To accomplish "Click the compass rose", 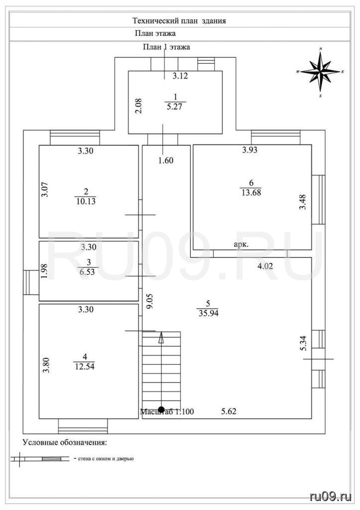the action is point(320,72).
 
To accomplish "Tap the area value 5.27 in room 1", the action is point(174,107).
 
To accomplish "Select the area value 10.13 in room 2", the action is point(86,201).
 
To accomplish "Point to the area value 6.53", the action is point(87,272).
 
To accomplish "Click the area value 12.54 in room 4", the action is point(85,367).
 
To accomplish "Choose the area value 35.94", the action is point(208,313).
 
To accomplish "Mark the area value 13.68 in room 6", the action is point(251,192).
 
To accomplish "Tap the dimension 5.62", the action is point(229,411).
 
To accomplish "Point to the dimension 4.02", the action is point(265,266).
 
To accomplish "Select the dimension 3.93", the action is point(250,149).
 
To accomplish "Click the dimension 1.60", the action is point(166,160).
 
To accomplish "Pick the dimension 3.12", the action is point(180,76).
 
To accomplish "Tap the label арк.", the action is point(241,245).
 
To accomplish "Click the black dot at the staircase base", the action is point(161,409).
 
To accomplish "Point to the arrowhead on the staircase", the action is point(161,338).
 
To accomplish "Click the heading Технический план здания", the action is point(179,21).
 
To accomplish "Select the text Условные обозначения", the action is point(65,443).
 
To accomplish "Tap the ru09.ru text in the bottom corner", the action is point(331,497).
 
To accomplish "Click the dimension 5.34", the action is point(303,344).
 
